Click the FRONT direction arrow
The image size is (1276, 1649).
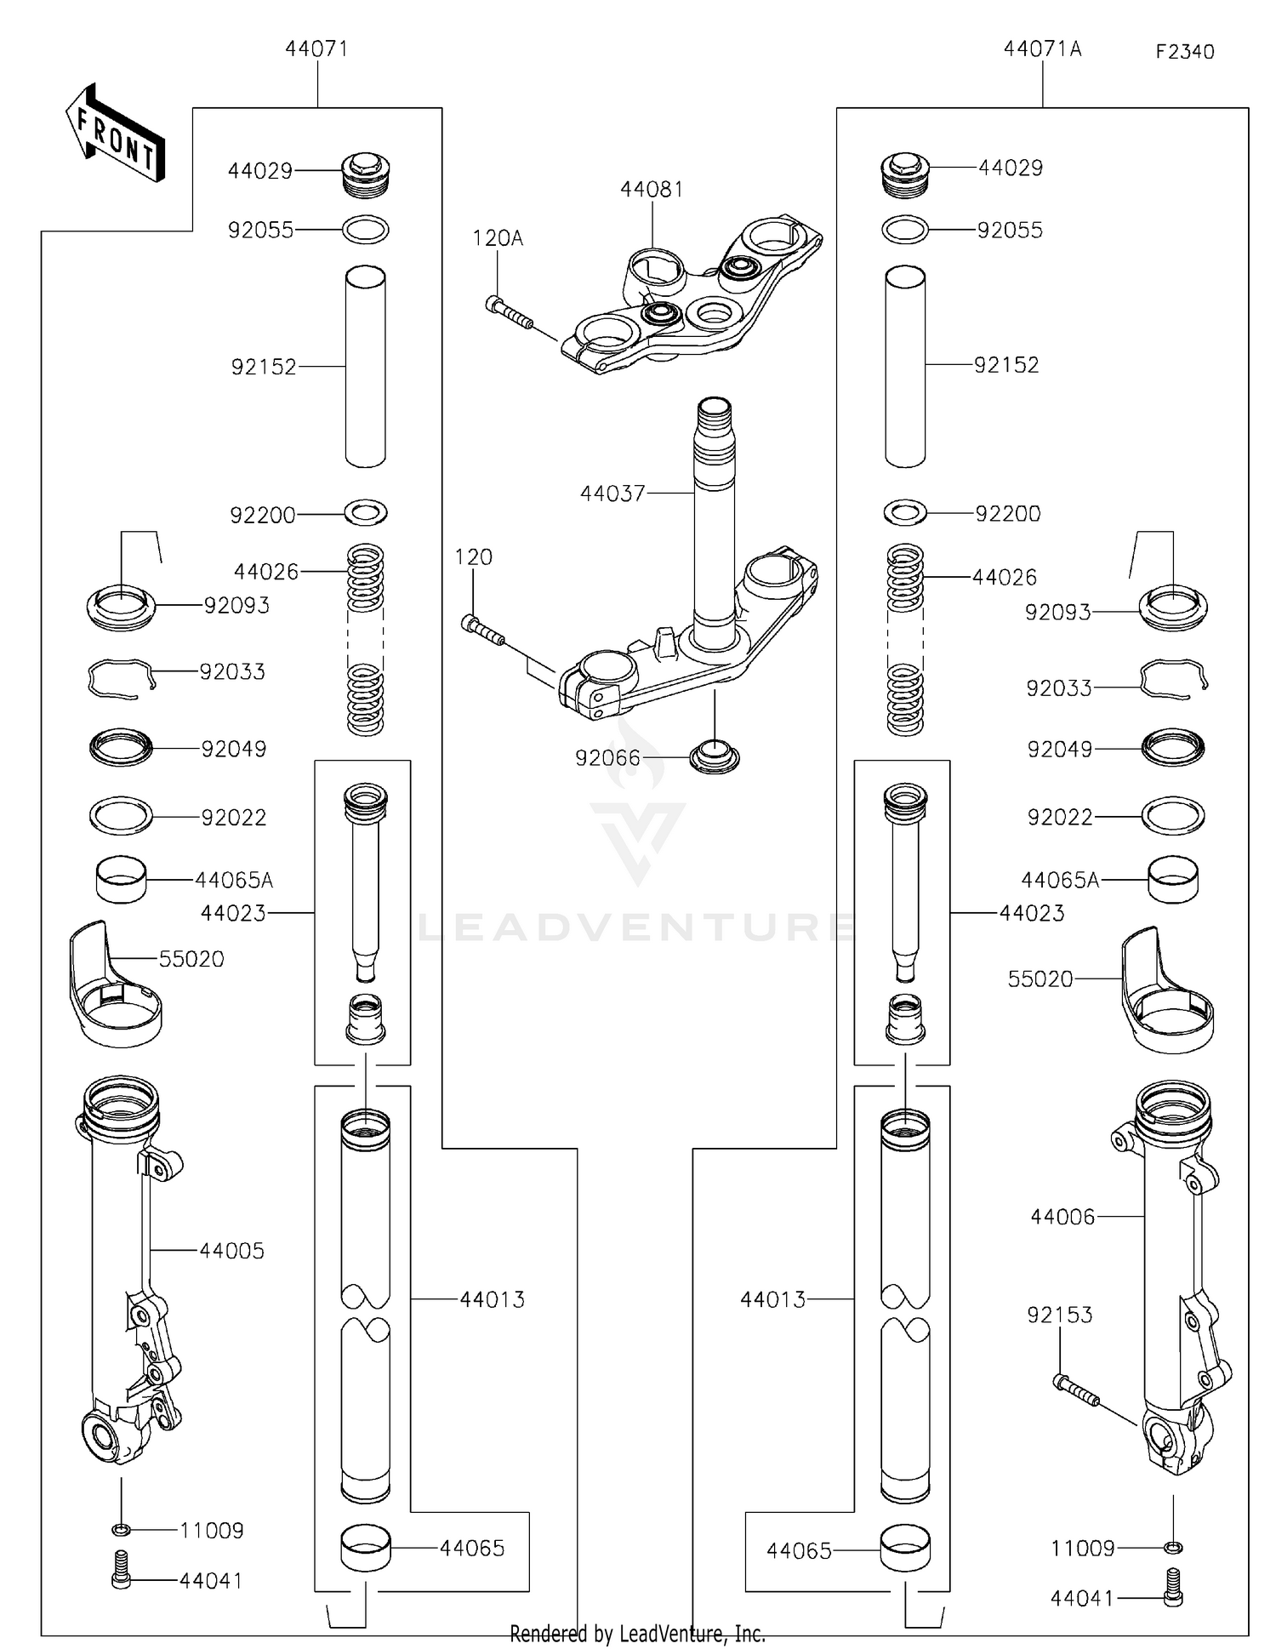116,134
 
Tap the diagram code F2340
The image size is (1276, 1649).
1184,52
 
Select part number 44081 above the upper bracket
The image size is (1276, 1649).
652,189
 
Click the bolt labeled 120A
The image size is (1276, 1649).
509,313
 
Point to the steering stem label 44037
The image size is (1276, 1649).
612,494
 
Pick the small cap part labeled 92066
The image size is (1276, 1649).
714,756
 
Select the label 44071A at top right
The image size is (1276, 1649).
1042,49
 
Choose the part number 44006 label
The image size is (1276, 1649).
1062,1217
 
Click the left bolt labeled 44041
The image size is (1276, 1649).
121,1580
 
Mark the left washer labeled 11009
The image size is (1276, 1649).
121,1530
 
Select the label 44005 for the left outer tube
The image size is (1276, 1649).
231,1251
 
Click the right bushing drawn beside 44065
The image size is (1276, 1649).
904,1549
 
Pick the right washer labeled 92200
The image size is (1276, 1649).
905,513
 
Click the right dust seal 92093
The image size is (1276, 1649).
1173,608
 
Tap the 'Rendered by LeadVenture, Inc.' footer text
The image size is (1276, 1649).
637,1634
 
